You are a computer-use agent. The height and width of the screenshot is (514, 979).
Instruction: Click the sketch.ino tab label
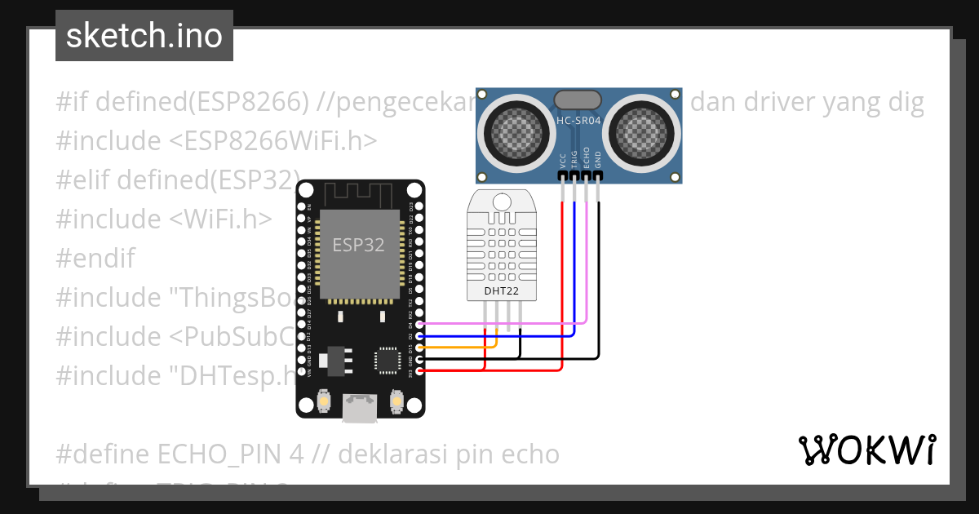144,36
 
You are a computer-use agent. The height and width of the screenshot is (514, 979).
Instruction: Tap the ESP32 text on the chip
358,245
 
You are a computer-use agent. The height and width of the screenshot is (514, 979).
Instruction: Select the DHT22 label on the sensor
502,290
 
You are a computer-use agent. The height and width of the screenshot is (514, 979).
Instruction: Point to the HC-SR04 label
579,122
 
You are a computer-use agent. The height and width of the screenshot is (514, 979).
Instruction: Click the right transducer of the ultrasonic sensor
644,129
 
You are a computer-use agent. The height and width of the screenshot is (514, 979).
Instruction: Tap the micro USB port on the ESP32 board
359,407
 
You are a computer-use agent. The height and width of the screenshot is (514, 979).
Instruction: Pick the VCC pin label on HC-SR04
563,161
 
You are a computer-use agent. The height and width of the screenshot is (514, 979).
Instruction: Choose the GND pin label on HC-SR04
598,161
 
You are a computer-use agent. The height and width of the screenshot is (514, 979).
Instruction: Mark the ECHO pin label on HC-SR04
587,159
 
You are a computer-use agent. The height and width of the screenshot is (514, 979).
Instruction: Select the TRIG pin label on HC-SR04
574,159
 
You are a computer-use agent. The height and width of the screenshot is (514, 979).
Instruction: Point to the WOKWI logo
867,450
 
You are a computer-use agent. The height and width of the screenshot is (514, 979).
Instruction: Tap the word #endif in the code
95,259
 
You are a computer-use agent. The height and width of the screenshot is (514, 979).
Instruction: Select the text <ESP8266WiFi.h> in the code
274,141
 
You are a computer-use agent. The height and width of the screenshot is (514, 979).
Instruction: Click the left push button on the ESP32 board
324,401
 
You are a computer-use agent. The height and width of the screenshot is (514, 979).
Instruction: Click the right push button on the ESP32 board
396,401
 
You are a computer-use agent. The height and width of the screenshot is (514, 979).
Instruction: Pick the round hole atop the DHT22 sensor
501,200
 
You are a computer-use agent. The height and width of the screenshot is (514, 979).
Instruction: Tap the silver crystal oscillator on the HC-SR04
579,100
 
